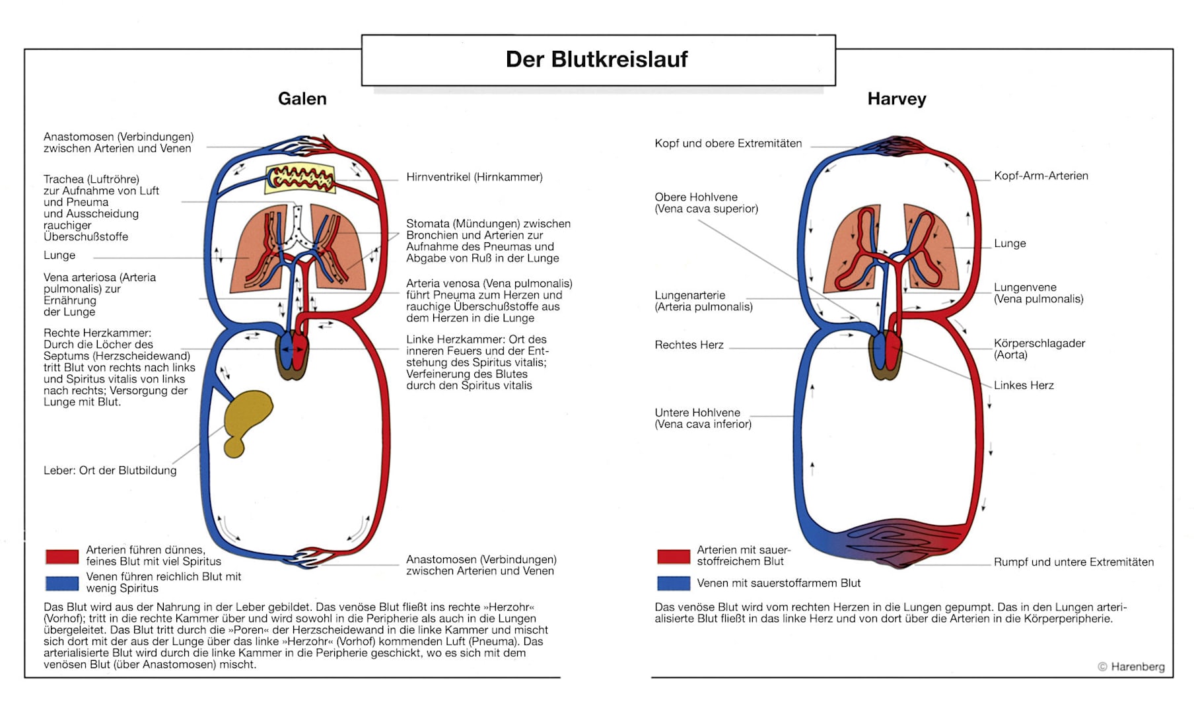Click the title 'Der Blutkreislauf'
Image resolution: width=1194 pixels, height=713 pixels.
tap(596, 59)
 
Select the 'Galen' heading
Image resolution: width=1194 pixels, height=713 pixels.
tap(302, 99)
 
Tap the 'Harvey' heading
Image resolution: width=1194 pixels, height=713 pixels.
tap(896, 99)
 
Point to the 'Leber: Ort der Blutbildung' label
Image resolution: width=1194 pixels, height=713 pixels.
tap(110, 470)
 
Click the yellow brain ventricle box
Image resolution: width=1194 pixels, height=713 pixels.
tap(300, 178)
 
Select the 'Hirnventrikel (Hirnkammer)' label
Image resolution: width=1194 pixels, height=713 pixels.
tap(474, 177)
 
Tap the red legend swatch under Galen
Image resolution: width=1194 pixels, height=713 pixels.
tap(62, 557)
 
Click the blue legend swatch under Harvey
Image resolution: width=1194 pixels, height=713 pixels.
tap(674, 583)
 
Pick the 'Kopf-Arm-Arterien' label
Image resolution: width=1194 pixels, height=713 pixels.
tap(1041, 176)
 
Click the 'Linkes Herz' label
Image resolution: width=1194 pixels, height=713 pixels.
tap(1024, 385)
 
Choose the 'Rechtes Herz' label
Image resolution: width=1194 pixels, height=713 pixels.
tap(689, 345)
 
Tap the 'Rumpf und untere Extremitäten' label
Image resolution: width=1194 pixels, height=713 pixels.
tap(1074, 562)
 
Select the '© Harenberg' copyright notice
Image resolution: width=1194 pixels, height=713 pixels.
tap(1131, 667)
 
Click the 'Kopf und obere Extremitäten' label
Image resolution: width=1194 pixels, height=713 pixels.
tap(728, 143)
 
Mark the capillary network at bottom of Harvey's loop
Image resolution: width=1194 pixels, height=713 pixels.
tap(889, 543)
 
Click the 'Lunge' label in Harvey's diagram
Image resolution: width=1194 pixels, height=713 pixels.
tap(1010, 243)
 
